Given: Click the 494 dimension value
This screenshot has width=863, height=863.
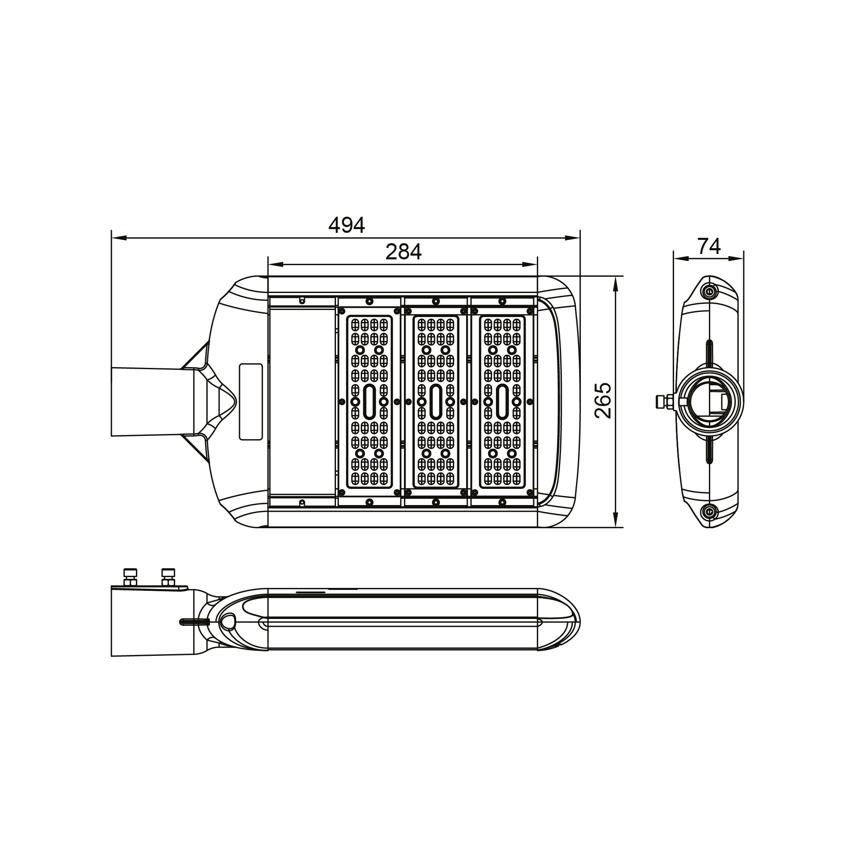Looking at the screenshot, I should pos(347,225).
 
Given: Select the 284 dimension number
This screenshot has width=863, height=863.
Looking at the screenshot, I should pos(404,252).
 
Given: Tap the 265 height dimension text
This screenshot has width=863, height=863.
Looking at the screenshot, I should pos(604,401).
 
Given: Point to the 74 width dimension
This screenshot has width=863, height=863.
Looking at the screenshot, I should pos(709,246).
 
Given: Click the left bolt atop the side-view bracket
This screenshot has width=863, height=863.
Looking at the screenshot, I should pos(130,577).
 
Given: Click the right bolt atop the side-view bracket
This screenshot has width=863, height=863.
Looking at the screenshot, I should pos(168,577).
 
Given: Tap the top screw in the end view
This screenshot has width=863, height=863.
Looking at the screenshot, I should pos(708,292).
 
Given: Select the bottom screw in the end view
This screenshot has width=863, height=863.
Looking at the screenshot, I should pos(708,511).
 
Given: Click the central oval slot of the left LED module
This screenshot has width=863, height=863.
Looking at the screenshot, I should pos(370,401).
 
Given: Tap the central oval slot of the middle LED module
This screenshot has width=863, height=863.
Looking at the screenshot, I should pos(436,401).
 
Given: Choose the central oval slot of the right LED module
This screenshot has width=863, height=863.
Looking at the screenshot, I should pos(502,401).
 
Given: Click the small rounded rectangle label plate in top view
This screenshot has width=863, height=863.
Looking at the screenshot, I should pos(251,401).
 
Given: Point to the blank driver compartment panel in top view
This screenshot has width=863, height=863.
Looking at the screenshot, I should pos(302,401).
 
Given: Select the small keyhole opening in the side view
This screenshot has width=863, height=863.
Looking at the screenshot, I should pos(228,621).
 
